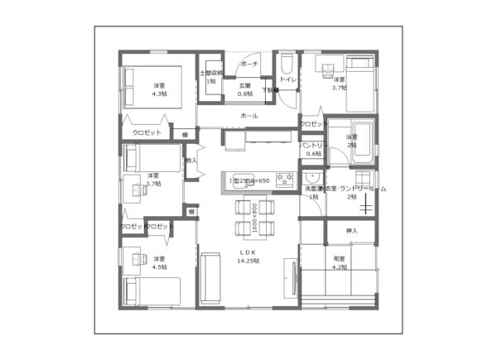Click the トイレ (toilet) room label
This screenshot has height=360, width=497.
click(287, 79)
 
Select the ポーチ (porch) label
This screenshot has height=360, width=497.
click(248, 64)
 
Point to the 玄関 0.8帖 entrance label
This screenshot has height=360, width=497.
click(245, 89)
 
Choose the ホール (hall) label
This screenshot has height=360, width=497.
click(248, 116)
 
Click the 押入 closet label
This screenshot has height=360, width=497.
click(351, 230)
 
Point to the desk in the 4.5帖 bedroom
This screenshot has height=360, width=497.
click(132, 257)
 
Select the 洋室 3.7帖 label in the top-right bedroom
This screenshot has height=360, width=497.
click(339, 83)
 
